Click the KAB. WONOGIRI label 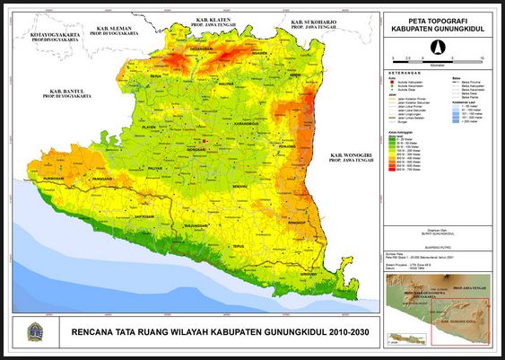[x=347, y=158]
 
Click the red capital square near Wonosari [x=205, y=142]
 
